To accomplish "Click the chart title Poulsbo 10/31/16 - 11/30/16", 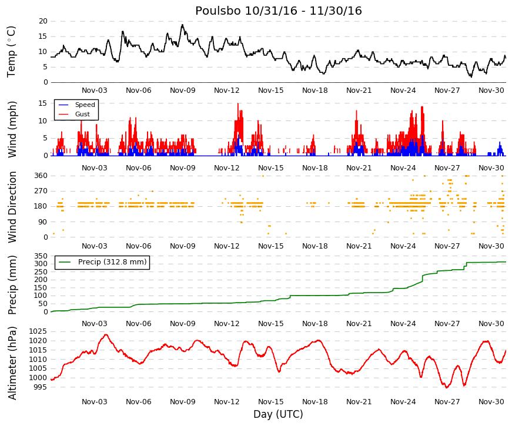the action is pyautogui.click(x=279, y=11).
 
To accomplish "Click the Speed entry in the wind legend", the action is pyautogui.click(x=85, y=105).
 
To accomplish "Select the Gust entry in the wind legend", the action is pyautogui.click(x=82, y=114).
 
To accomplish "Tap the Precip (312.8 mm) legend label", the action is pyautogui.click(x=112, y=262).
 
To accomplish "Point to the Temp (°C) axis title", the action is pyautogui.click(x=11, y=52).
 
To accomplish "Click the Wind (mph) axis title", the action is pyautogui.click(x=12, y=129).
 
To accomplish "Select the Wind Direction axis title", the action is pyautogui.click(x=12, y=207).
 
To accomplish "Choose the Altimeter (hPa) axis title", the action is pyautogui.click(x=12, y=363).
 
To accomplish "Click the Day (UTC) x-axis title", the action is pyautogui.click(x=278, y=414).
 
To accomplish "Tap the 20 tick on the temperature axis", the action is pyautogui.click(x=43, y=21).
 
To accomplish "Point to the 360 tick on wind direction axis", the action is pyautogui.click(x=41, y=176).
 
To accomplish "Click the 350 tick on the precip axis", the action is pyautogui.click(x=41, y=256).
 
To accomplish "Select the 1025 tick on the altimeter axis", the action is pyautogui.click(x=38, y=331).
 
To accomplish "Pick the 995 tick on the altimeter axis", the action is pyautogui.click(x=41, y=387).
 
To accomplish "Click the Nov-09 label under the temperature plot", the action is pyautogui.click(x=183, y=90).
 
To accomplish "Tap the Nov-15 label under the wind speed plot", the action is pyautogui.click(x=270, y=168).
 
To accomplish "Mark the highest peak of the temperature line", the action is pyautogui.click(x=183, y=25).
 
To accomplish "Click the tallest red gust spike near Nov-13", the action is pyautogui.click(x=238, y=103).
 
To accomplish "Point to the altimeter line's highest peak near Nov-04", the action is pyautogui.click(x=106, y=334).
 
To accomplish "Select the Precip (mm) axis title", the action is pyautogui.click(x=12, y=285).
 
